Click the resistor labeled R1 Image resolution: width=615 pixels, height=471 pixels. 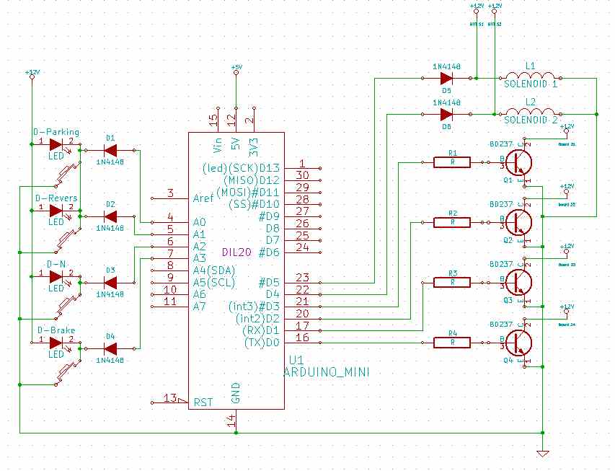pos(452,162)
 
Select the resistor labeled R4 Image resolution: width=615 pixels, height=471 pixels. pos(452,343)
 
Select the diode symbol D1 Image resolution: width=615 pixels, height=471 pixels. pos(110,150)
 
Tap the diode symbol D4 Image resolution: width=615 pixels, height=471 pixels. pos(110,349)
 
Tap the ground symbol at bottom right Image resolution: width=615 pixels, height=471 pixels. pos(542,453)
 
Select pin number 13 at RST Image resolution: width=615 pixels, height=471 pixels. pos(171,397)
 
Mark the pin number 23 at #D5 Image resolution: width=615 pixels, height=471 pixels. pos(302,277)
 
